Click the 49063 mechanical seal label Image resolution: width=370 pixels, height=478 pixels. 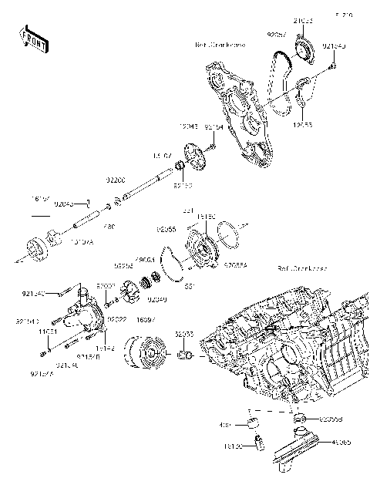(145, 261)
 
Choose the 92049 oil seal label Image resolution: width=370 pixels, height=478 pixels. (157, 298)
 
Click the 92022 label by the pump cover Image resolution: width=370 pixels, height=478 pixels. (116, 318)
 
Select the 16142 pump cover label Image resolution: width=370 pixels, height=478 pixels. (106, 349)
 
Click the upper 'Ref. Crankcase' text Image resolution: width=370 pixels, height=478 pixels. (220, 45)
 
